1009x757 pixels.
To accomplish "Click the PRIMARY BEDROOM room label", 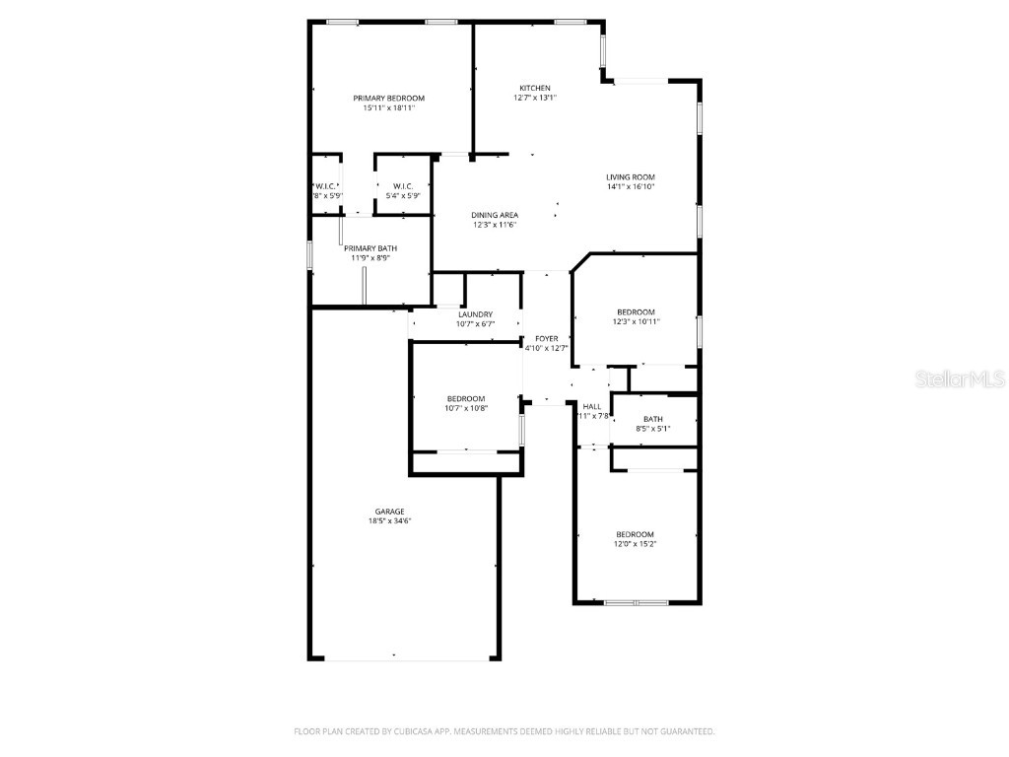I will tap(389, 98).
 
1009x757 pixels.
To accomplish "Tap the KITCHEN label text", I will tap(535, 88).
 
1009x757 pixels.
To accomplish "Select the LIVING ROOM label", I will tap(631, 177).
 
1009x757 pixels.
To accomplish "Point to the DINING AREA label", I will tap(495, 215).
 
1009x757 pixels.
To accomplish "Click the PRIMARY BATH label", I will tap(370, 248).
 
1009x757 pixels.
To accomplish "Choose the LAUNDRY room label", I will tap(475, 314).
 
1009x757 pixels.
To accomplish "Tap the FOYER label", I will tap(547, 338).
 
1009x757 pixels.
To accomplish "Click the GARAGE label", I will tap(389, 512).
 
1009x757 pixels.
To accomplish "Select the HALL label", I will tap(592, 406).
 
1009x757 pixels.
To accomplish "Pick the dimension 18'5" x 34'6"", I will tap(389, 520).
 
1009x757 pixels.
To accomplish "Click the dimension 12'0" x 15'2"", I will tap(636, 543).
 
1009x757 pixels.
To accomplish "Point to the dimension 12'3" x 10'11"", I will tap(636, 321).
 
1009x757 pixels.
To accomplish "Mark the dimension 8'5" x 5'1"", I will tap(654, 428).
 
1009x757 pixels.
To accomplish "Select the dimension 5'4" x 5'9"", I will tap(403, 195).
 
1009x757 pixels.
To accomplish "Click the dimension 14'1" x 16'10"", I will tap(631, 186).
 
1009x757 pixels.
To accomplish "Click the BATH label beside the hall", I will tap(653, 419).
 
